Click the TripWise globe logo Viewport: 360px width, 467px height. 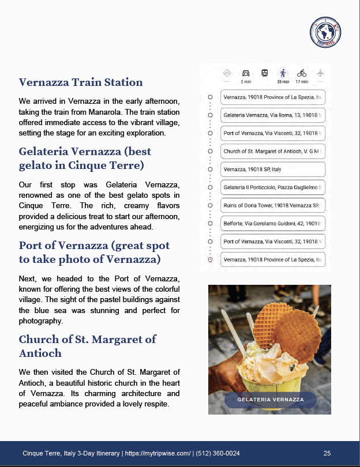[325, 32]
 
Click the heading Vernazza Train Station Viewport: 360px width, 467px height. [81, 82]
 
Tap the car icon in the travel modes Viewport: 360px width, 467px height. [246, 73]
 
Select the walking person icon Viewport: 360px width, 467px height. [283, 73]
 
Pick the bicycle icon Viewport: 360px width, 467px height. [301, 73]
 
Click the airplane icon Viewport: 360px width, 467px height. [320, 73]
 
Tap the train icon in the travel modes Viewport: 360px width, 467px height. [264, 73]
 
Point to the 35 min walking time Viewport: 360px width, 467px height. [283, 82]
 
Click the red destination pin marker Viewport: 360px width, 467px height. [211, 260]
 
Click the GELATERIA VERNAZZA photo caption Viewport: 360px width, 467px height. [271, 400]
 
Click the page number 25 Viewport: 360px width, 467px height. [327, 453]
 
